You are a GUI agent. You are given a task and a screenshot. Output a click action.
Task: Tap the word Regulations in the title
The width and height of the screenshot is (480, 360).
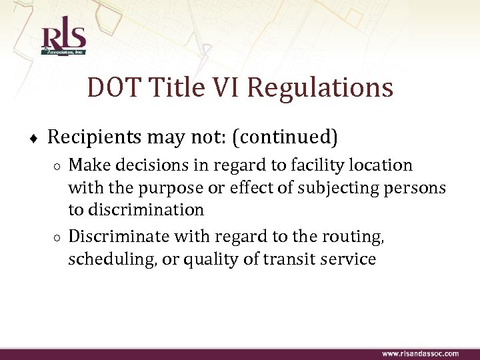pos(320,87)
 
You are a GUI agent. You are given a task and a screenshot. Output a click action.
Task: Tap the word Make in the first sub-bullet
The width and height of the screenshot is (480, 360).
pos(87,165)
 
